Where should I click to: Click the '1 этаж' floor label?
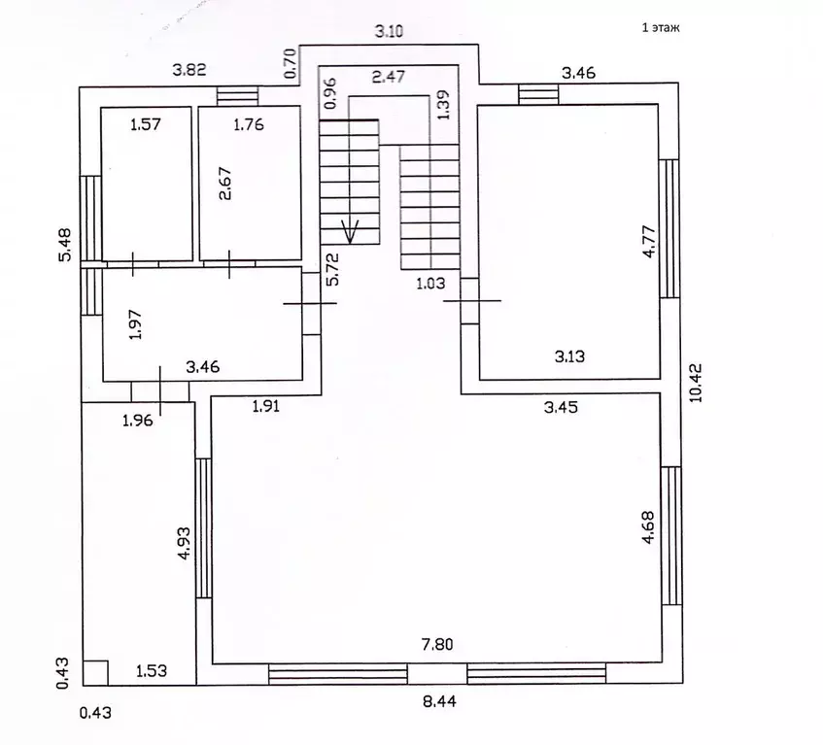[661, 28]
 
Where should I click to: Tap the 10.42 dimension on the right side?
[696, 383]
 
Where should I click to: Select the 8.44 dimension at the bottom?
[439, 701]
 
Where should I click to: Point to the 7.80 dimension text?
[437, 644]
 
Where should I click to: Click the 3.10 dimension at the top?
[389, 31]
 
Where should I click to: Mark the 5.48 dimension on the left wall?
[64, 245]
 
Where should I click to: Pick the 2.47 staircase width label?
[389, 77]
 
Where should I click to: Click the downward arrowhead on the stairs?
[350, 232]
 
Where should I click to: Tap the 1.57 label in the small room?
[146, 124]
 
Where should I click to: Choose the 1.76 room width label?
[249, 124]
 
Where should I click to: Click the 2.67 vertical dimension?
[224, 184]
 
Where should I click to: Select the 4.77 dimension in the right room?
[649, 241]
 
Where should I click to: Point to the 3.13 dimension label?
[569, 356]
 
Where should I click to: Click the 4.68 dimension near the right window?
[648, 527]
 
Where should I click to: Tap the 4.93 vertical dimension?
[185, 543]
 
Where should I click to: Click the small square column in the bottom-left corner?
[95, 672]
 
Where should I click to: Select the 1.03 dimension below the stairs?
[430, 284]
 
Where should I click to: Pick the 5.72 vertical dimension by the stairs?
[332, 269]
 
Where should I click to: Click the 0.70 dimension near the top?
[291, 63]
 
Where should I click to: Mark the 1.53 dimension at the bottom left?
[152, 670]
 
